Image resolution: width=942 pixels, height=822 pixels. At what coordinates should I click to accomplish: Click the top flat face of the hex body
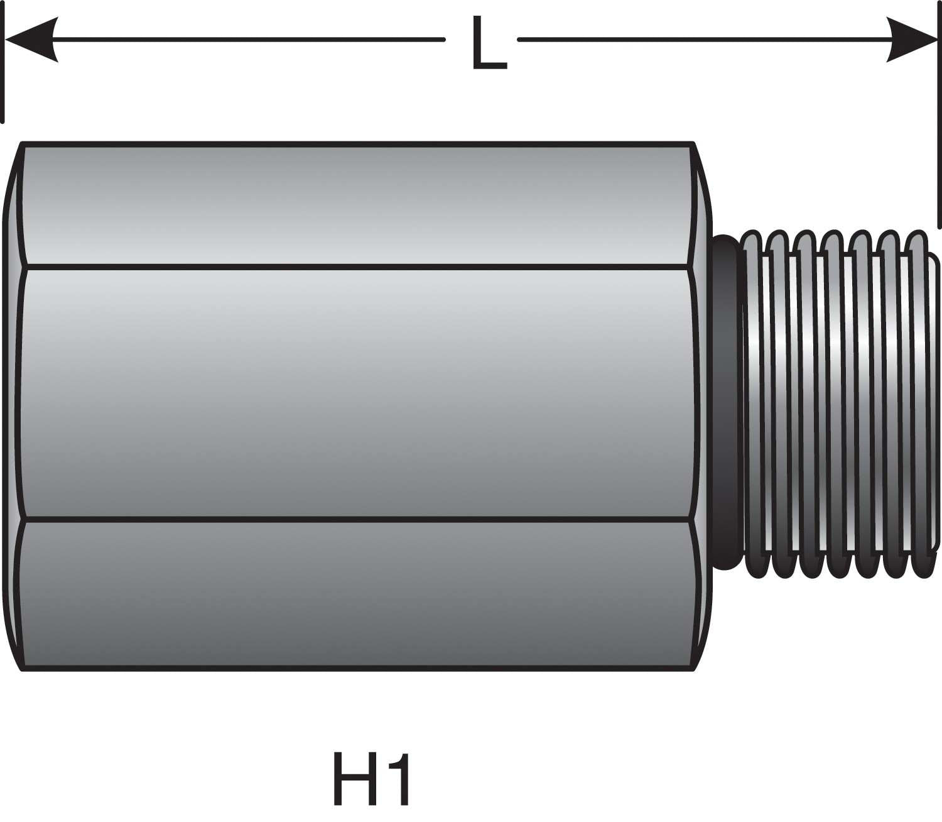pos(358,204)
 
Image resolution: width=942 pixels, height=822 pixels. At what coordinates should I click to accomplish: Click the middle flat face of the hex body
pos(358,393)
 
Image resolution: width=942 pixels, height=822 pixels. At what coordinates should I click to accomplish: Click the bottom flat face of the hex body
pos(358,594)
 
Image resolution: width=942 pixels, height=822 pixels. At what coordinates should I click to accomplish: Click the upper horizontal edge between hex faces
pos(358,267)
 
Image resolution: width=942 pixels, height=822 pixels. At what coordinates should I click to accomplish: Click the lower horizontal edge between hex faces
pos(358,520)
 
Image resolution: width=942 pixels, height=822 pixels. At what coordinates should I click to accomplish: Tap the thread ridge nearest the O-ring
pos(754,402)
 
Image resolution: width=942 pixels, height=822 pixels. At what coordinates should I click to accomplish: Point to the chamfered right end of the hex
pos(703,402)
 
